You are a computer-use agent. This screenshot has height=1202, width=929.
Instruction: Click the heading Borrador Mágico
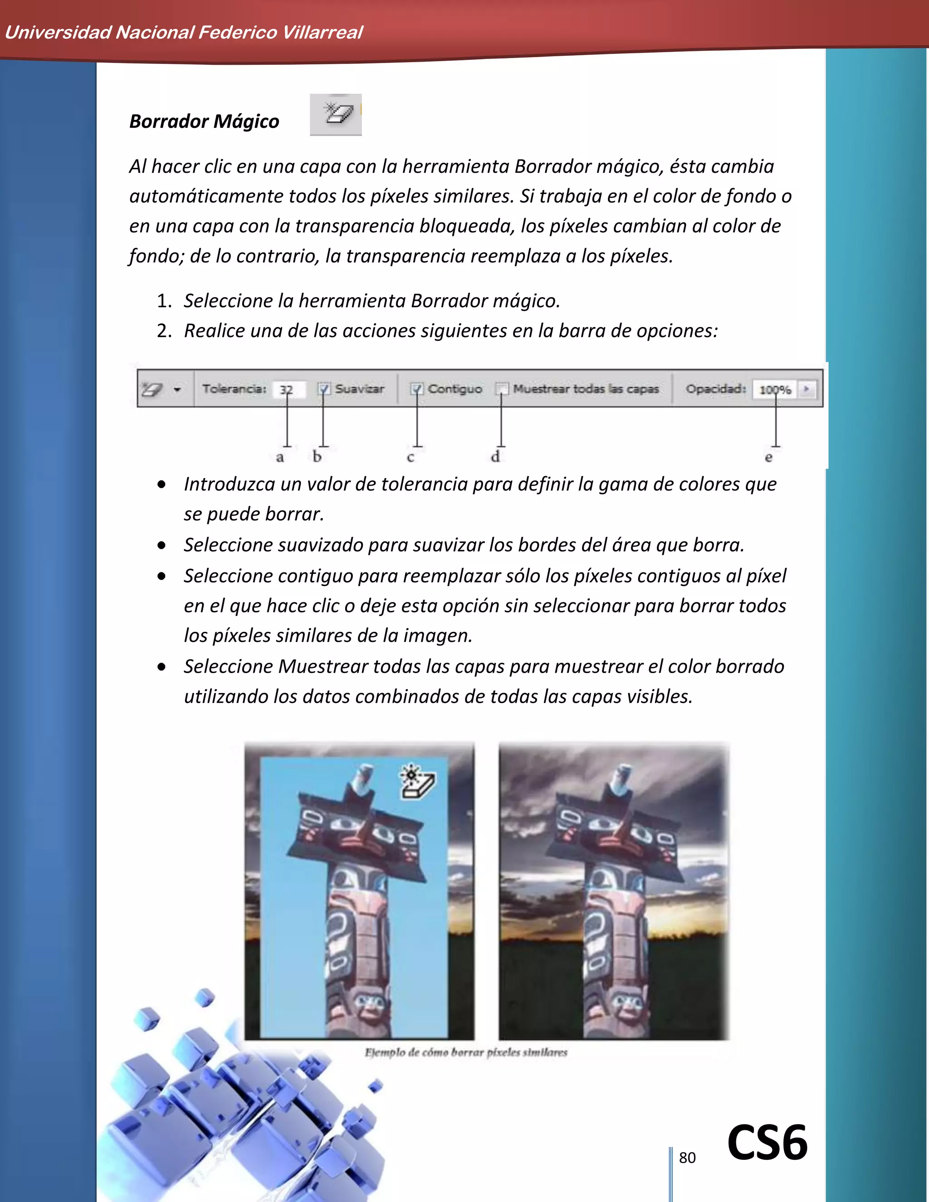click(204, 121)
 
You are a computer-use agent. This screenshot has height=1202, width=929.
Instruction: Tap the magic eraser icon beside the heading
click(336, 114)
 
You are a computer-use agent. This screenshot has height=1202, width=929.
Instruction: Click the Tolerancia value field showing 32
click(287, 389)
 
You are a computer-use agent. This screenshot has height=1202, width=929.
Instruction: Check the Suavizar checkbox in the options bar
click(323, 389)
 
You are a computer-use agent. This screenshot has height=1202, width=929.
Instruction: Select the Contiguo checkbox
click(417, 389)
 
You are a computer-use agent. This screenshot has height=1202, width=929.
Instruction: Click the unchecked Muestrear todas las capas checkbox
click(501, 389)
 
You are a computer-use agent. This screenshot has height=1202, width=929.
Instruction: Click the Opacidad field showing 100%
click(774, 390)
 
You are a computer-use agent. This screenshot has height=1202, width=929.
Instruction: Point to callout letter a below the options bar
click(279, 457)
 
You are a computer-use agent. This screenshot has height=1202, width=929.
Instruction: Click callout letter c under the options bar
click(410, 457)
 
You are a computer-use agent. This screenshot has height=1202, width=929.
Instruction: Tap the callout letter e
click(768, 457)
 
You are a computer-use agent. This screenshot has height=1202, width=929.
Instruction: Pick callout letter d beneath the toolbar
click(495, 456)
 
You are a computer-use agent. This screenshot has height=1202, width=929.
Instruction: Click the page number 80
click(687, 1158)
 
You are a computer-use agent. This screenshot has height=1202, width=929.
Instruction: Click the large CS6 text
click(767, 1143)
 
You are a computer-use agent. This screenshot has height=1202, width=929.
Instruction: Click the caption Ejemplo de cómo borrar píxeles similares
click(465, 1052)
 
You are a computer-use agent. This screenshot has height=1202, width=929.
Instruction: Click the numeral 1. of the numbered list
click(164, 301)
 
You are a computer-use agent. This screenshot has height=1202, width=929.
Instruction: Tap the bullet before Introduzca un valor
click(161, 484)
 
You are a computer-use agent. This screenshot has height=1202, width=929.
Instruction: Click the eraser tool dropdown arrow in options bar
click(177, 390)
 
